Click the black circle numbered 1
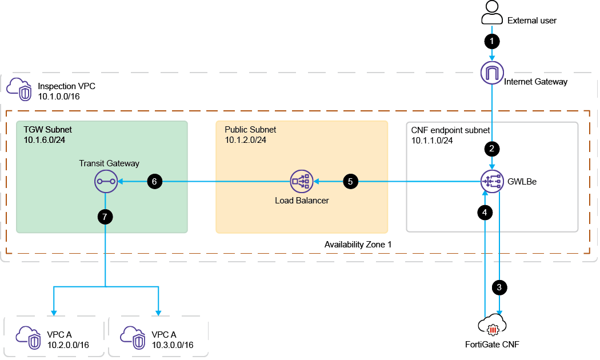[492, 41]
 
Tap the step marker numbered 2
[492, 149]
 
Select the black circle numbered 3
[499, 287]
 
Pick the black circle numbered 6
[154, 182]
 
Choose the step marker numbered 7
[106, 216]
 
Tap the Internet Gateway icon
[492, 73]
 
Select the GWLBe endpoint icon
[492, 182]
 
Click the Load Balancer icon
[301, 182]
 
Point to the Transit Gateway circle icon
[105, 182]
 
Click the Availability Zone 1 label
[358, 245]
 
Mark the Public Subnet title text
[250, 130]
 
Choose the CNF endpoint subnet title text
[443, 130]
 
